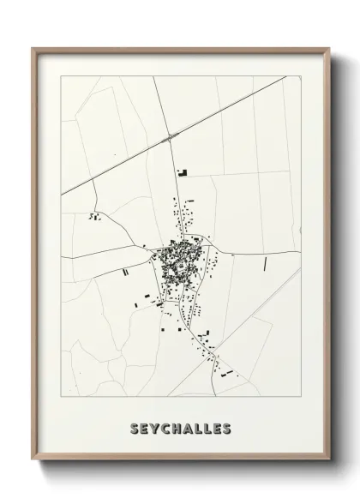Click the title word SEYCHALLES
(x=180, y=428)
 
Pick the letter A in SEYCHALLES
(x=191, y=428)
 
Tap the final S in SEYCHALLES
(x=226, y=428)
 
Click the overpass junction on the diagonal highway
(x=174, y=137)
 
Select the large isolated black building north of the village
(x=182, y=172)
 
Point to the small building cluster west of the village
(x=94, y=217)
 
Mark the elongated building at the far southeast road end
(x=227, y=373)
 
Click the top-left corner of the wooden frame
(x=33, y=49)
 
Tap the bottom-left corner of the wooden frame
(x=33, y=464)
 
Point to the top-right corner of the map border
(x=300, y=76)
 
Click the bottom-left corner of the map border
(x=61, y=395)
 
